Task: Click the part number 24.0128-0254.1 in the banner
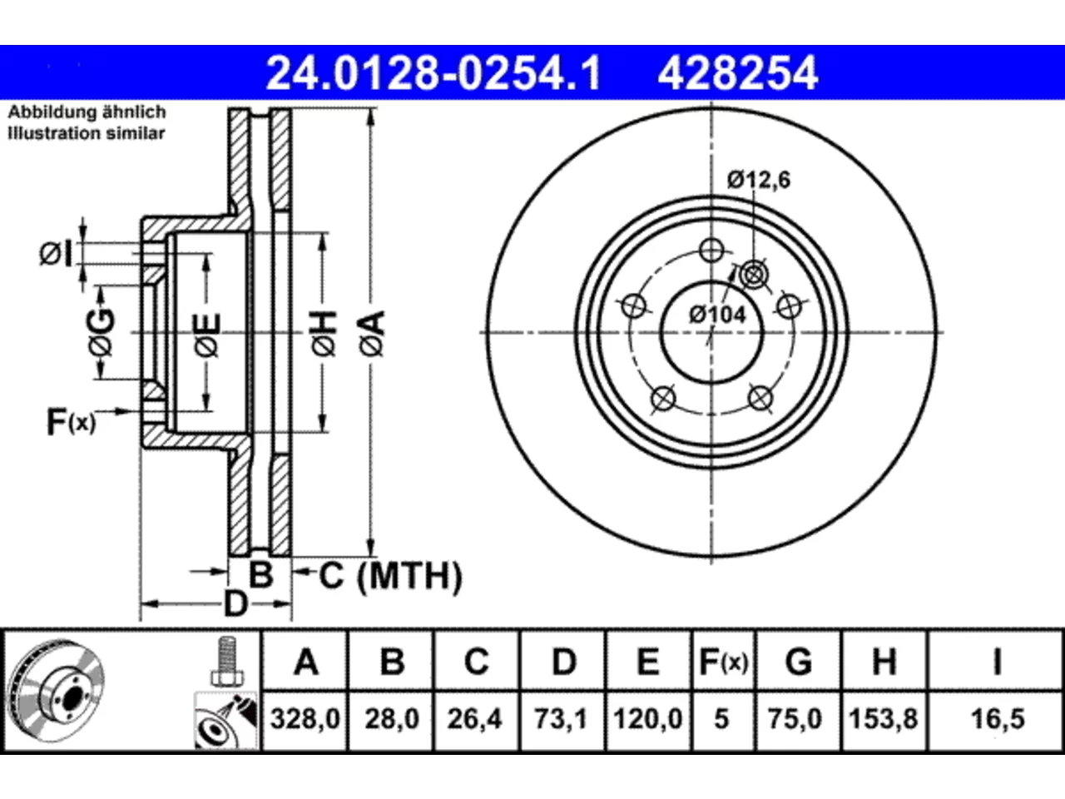pyautogui.click(x=433, y=73)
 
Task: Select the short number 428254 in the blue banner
pyautogui.click(x=737, y=73)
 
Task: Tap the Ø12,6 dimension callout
pyautogui.click(x=759, y=180)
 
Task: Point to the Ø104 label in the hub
pyautogui.click(x=717, y=315)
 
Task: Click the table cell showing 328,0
pyautogui.click(x=305, y=718)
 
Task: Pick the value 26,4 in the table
pyautogui.click(x=475, y=718)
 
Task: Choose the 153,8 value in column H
pyautogui.click(x=883, y=718)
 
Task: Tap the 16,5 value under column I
pyautogui.click(x=998, y=718)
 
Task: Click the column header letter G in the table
pyautogui.click(x=799, y=662)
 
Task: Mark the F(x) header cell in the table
pyautogui.click(x=723, y=662)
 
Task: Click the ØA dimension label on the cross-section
pyautogui.click(x=373, y=334)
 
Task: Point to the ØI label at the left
pyautogui.click(x=56, y=254)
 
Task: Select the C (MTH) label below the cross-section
pyautogui.click(x=390, y=576)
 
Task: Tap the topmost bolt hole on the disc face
pyautogui.click(x=711, y=251)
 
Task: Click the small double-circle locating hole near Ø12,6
pyautogui.click(x=754, y=275)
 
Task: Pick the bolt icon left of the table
pyautogui.click(x=227, y=661)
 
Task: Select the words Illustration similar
pyautogui.click(x=87, y=133)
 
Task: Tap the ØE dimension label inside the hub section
pyautogui.click(x=207, y=335)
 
